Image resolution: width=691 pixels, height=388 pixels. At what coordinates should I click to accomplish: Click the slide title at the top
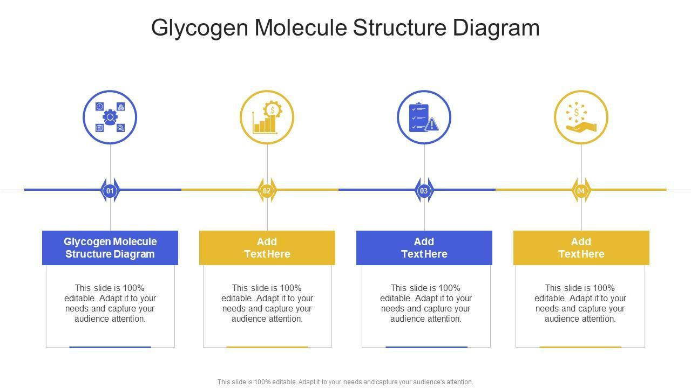(x=345, y=27)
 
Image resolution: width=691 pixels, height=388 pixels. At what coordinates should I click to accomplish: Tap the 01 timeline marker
(x=110, y=190)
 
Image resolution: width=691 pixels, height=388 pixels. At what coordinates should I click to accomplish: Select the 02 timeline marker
(x=267, y=190)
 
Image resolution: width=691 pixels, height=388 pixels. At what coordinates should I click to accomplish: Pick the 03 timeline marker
(x=424, y=190)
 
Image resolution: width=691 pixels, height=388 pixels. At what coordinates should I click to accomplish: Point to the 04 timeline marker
(x=581, y=190)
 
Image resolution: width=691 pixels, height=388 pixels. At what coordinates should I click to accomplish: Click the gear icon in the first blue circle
(x=110, y=117)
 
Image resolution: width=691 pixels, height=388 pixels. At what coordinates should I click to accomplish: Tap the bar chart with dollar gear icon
(x=267, y=117)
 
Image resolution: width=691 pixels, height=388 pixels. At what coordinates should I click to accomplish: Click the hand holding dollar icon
(x=581, y=117)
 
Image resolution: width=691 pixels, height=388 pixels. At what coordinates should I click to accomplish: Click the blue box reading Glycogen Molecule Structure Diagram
(x=110, y=248)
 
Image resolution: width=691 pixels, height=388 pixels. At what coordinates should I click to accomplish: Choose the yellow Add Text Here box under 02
(x=267, y=248)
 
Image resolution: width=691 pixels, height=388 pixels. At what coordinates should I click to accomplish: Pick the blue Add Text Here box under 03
(x=424, y=248)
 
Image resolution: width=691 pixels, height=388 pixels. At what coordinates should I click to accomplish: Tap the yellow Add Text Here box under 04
(x=581, y=248)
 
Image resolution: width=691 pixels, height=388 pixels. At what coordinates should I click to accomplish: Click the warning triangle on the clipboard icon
(x=432, y=125)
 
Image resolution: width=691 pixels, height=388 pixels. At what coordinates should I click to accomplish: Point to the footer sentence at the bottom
(x=345, y=382)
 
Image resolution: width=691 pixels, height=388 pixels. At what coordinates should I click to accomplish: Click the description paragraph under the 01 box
(x=110, y=303)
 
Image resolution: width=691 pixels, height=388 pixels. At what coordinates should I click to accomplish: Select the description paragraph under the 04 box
(x=580, y=303)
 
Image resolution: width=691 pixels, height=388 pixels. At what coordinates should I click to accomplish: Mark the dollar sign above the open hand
(x=577, y=112)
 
